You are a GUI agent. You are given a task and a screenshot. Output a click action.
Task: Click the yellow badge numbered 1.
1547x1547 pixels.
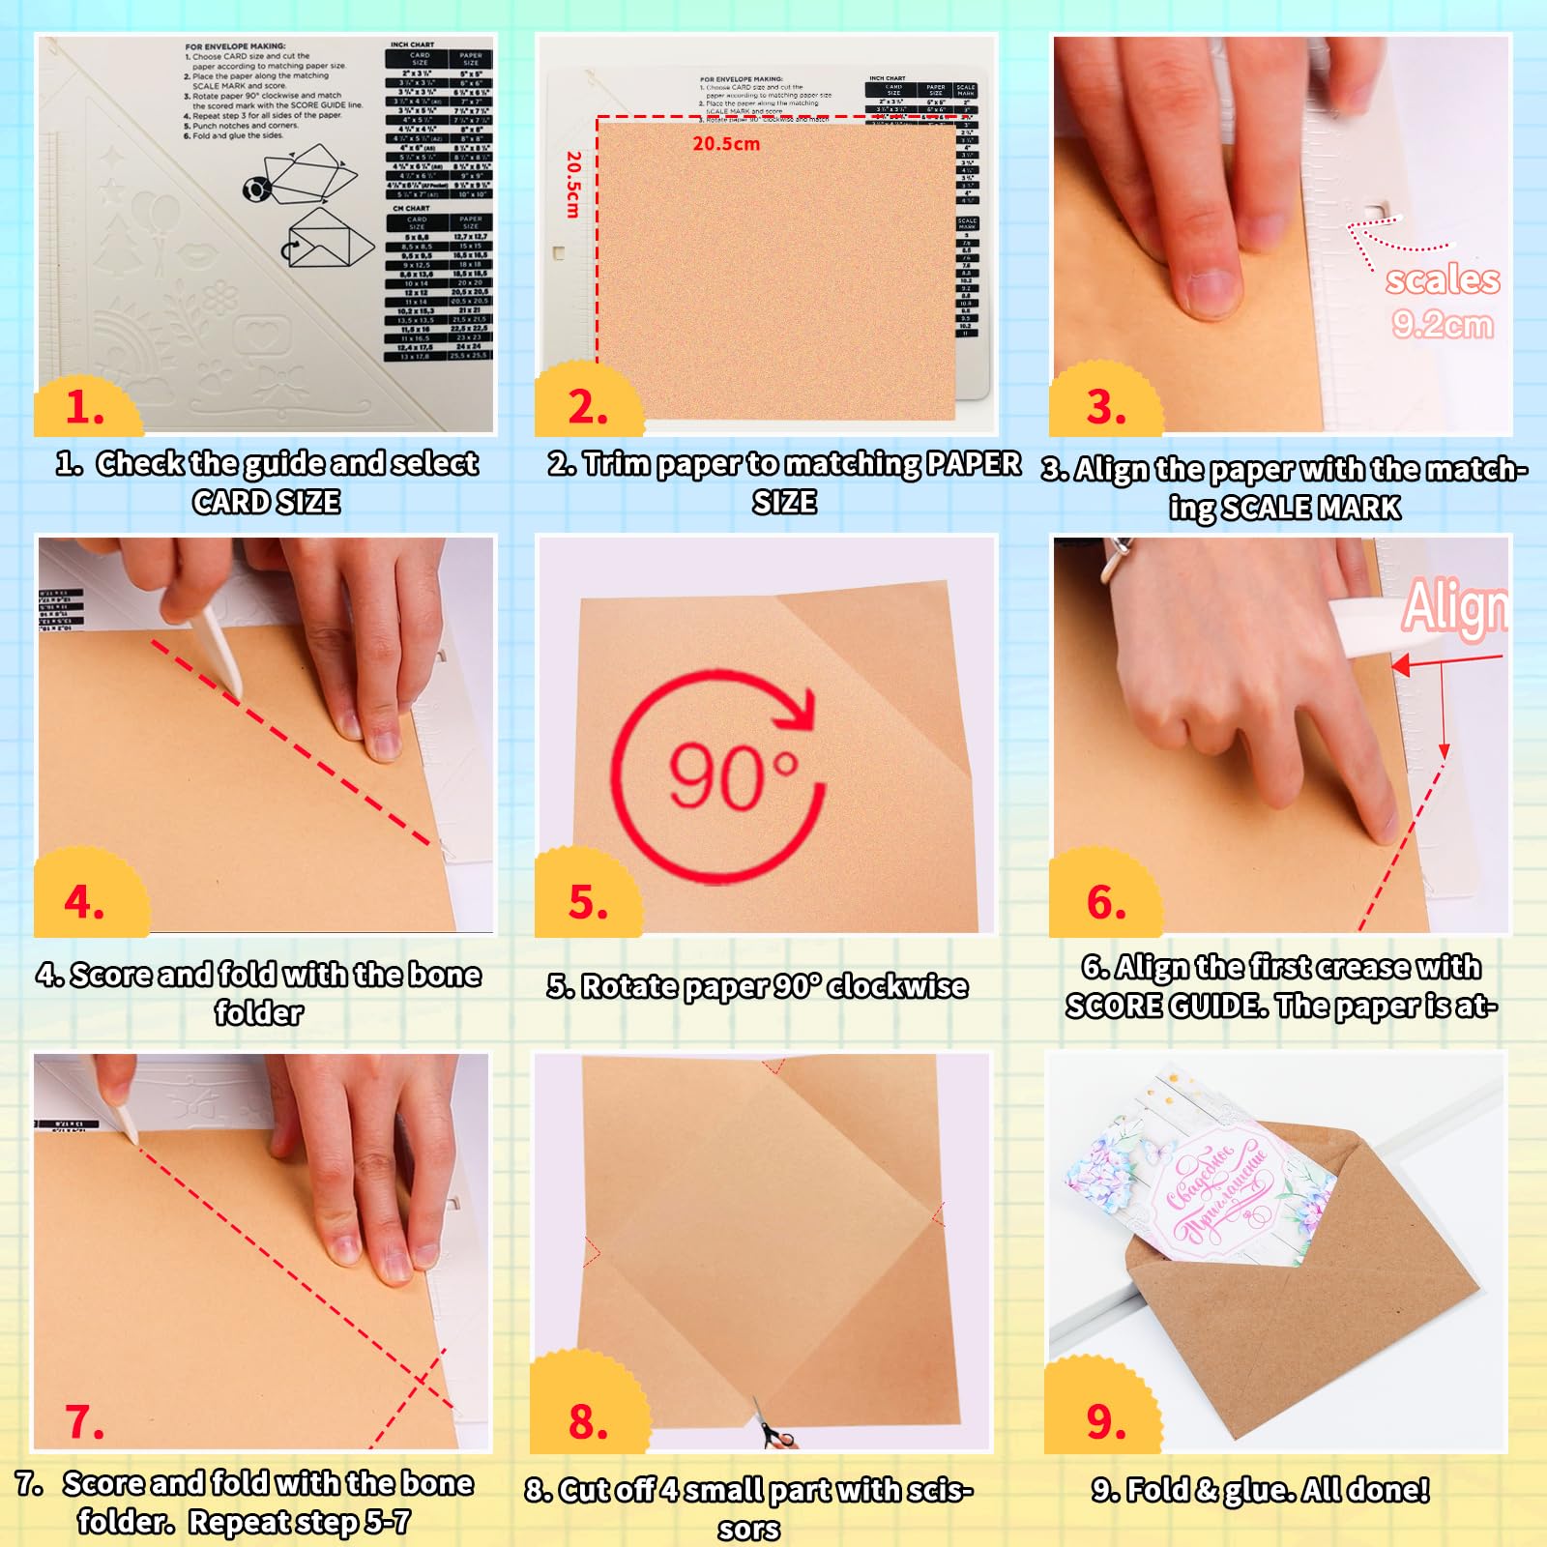pyautogui.click(x=85, y=406)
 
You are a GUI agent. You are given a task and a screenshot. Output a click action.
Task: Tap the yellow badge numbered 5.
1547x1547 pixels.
pyautogui.click(x=588, y=901)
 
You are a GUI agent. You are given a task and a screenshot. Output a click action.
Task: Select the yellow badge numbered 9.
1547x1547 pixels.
pyautogui.click(x=1105, y=1419)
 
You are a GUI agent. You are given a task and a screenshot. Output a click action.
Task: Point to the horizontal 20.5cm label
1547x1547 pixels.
pyautogui.click(x=726, y=144)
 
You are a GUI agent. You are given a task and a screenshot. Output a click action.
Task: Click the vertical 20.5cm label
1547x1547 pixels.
pyautogui.click(x=573, y=184)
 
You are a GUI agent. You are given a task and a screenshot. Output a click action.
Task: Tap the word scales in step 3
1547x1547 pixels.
pyautogui.click(x=1442, y=279)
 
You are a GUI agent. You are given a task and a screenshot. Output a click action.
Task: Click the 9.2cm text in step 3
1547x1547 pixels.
pyautogui.click(x=1442, y=324)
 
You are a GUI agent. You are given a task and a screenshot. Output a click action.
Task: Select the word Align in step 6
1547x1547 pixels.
pyautogui.click(x=1454, y=607)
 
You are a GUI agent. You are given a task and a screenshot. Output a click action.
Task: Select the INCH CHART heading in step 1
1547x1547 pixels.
pyautogui.click(x=412, y=44)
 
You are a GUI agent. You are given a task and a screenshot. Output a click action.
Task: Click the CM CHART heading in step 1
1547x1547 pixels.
pyautogui.click(x=411, y=208)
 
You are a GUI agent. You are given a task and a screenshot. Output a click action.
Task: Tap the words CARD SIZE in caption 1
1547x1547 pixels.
pyautogui.click(x=266, y=502)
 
